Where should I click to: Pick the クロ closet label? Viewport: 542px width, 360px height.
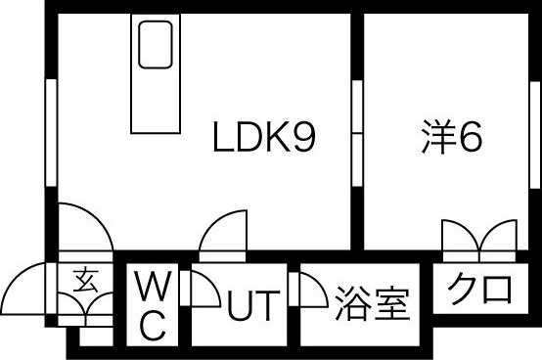tap(480, 289)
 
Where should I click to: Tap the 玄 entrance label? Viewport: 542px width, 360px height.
tap(83, 282)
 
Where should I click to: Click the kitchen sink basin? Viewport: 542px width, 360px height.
tap(156, 45)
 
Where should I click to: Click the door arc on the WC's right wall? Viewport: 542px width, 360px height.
tap(203, 291)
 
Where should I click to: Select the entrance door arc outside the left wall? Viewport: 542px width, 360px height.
tap(24, 291)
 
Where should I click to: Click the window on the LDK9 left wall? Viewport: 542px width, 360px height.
tap(50, 131)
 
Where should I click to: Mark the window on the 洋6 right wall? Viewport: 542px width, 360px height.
tap(534, 131)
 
